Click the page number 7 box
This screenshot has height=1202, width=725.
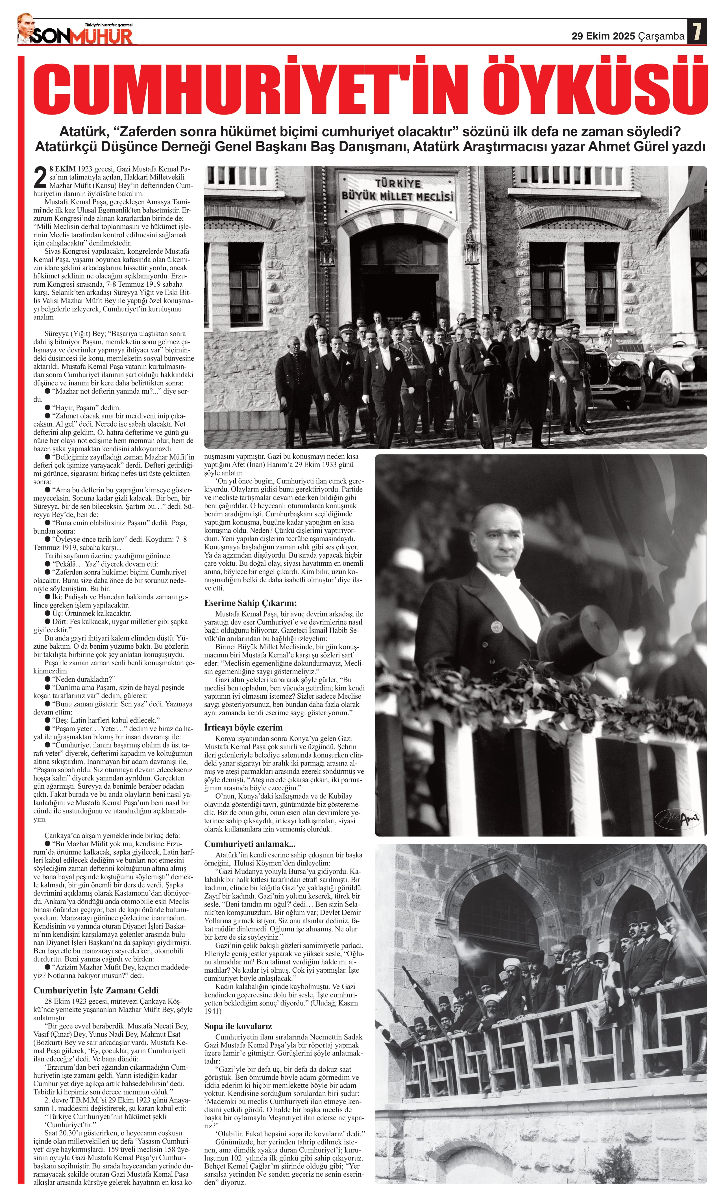click(x=697, y=32)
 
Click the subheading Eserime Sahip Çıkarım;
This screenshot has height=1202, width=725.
click(x=251, y=602)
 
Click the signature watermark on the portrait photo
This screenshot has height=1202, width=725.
click(x=678, y=818)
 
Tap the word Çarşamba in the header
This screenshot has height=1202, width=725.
click(x=661, y=36)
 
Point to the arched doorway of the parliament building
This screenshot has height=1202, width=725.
click(x=398, y=264)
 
